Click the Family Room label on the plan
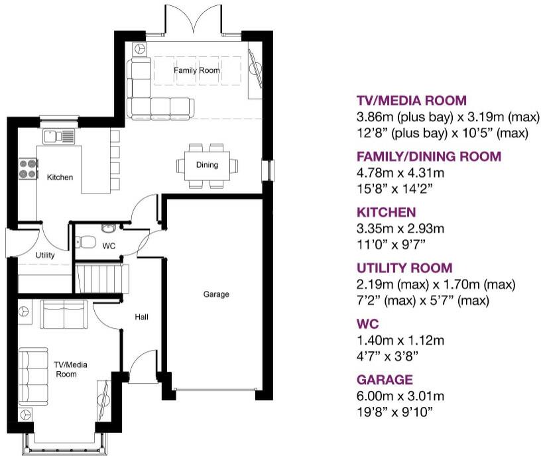[x=197, y=70]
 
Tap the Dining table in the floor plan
[x=207, y=166]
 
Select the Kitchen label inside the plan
[x=60, y=177]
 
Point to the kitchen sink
[x=58, y=136]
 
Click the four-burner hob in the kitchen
[x=28, y=168]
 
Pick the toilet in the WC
[x=86, y=241]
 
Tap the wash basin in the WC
[x=109, y=227]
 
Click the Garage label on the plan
[x=216, y=294]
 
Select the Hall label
[x=141, y=317]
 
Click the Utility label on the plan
[x=45, y=255]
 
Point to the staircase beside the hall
[x=103, y=278]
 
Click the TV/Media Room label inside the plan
[x=70, y=369]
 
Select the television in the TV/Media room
[x=103, y=400]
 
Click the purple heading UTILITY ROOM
[x=404, y=268]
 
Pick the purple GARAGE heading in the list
[x=385, y=380]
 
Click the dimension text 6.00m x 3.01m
[x=400, y=396]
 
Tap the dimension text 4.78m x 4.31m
[x=400, y=172]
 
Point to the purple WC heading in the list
[x=368, y=324]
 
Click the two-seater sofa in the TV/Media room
[x=64, y=314]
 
